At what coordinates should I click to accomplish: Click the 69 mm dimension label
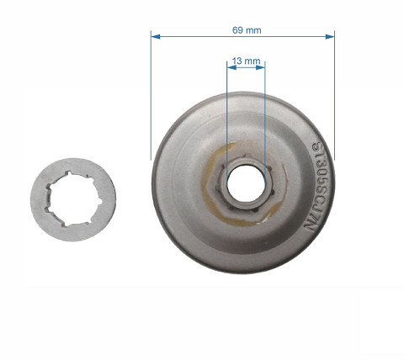coord(247,29)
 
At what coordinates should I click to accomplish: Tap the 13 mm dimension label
coord(245,61)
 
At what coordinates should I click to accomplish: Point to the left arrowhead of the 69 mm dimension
coord(154,35)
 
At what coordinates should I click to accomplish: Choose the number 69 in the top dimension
coord(237,29)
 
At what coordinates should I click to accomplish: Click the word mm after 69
coord(253,29)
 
